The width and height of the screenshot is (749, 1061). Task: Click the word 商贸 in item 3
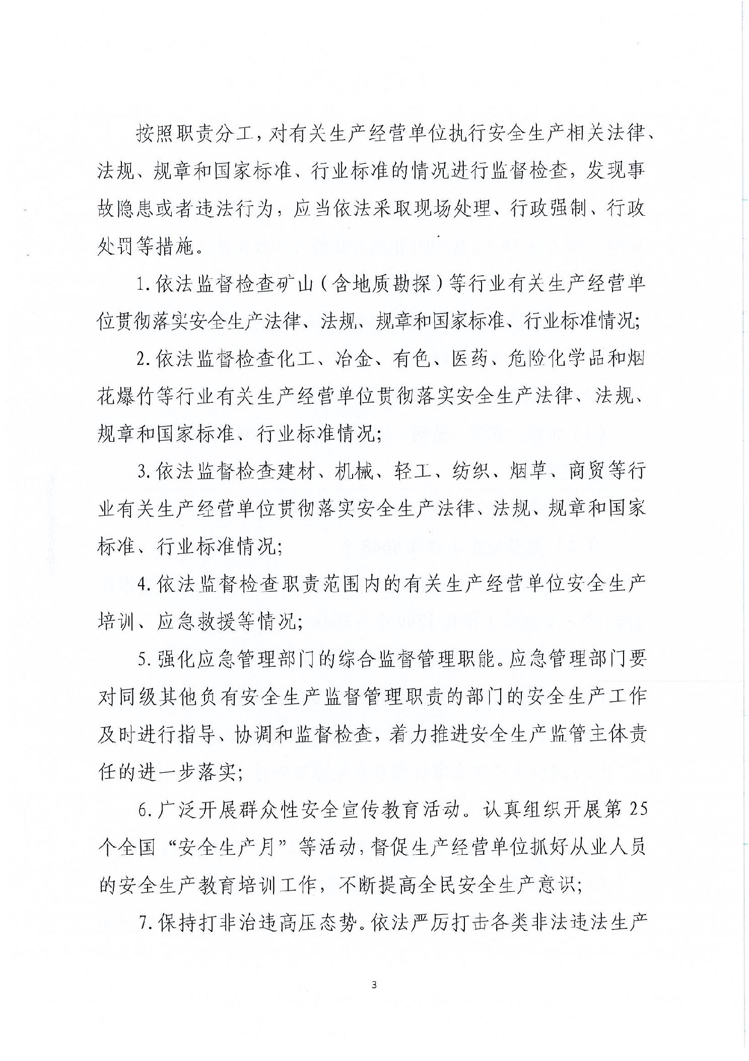(587, 472)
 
